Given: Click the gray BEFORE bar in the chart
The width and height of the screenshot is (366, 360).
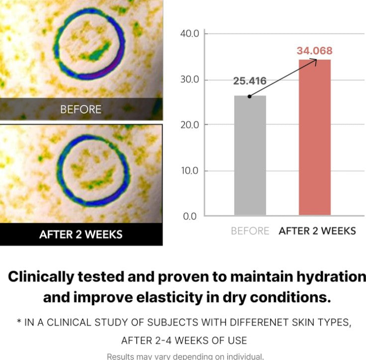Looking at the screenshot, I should click(250, 155).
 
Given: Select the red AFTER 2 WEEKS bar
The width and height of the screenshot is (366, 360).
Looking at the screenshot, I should click(314, 137).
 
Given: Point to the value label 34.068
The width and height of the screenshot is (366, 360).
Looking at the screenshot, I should click(314, 51).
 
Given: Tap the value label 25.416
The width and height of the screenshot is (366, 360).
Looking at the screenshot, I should click(250, 81).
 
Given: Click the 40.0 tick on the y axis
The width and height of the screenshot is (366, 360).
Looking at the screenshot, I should click(189, 34).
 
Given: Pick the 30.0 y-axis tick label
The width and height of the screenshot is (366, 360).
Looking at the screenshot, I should click(189, 80).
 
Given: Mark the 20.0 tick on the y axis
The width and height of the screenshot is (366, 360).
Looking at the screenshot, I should click(189, 125).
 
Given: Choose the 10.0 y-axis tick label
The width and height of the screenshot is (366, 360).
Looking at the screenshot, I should click(189, 171).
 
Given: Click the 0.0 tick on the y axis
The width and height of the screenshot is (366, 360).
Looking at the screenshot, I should click(191, 216).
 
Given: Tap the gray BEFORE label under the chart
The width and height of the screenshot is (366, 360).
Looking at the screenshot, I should click(250, 231).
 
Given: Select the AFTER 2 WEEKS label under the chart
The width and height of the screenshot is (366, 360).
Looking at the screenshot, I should click(317, 231).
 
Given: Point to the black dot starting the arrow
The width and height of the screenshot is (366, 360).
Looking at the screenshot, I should click(250, 96).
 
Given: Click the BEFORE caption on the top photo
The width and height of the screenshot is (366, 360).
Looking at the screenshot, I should click(81, 109).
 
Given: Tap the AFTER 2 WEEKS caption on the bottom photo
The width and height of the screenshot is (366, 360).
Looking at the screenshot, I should click(81, 234).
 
